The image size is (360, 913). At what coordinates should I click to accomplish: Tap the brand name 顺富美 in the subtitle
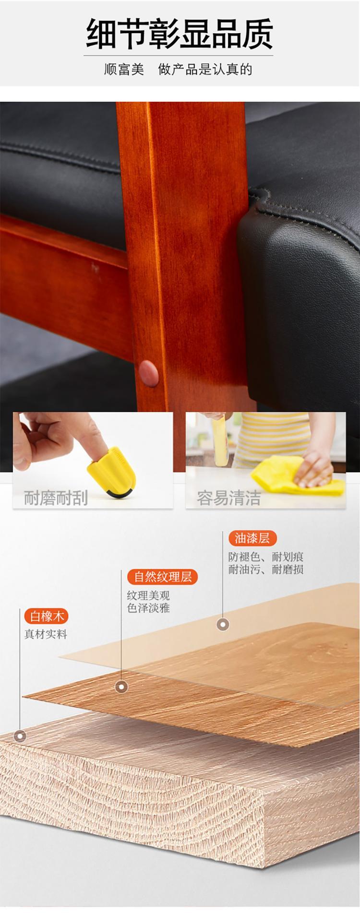[124, 70]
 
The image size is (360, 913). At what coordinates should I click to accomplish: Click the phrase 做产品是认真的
[205, 70]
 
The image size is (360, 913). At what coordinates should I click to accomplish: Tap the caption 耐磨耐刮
[56, 498]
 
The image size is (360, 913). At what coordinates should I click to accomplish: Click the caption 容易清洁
[228, 498]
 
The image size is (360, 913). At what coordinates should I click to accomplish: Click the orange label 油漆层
[252, 538]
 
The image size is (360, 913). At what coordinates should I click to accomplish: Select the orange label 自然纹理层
[163, 576]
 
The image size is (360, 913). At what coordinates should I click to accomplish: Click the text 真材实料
[46, 634]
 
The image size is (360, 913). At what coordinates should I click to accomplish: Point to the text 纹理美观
[148, 596]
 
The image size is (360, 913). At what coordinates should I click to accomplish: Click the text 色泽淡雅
[148, 608]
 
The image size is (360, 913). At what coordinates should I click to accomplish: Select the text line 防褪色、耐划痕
[266, 557]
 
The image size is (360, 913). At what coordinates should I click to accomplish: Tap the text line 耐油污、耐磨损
[266, 569]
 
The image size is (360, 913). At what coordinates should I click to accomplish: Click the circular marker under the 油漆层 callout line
[223, 624]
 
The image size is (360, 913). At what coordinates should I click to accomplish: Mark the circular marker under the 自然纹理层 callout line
[121, 687]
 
